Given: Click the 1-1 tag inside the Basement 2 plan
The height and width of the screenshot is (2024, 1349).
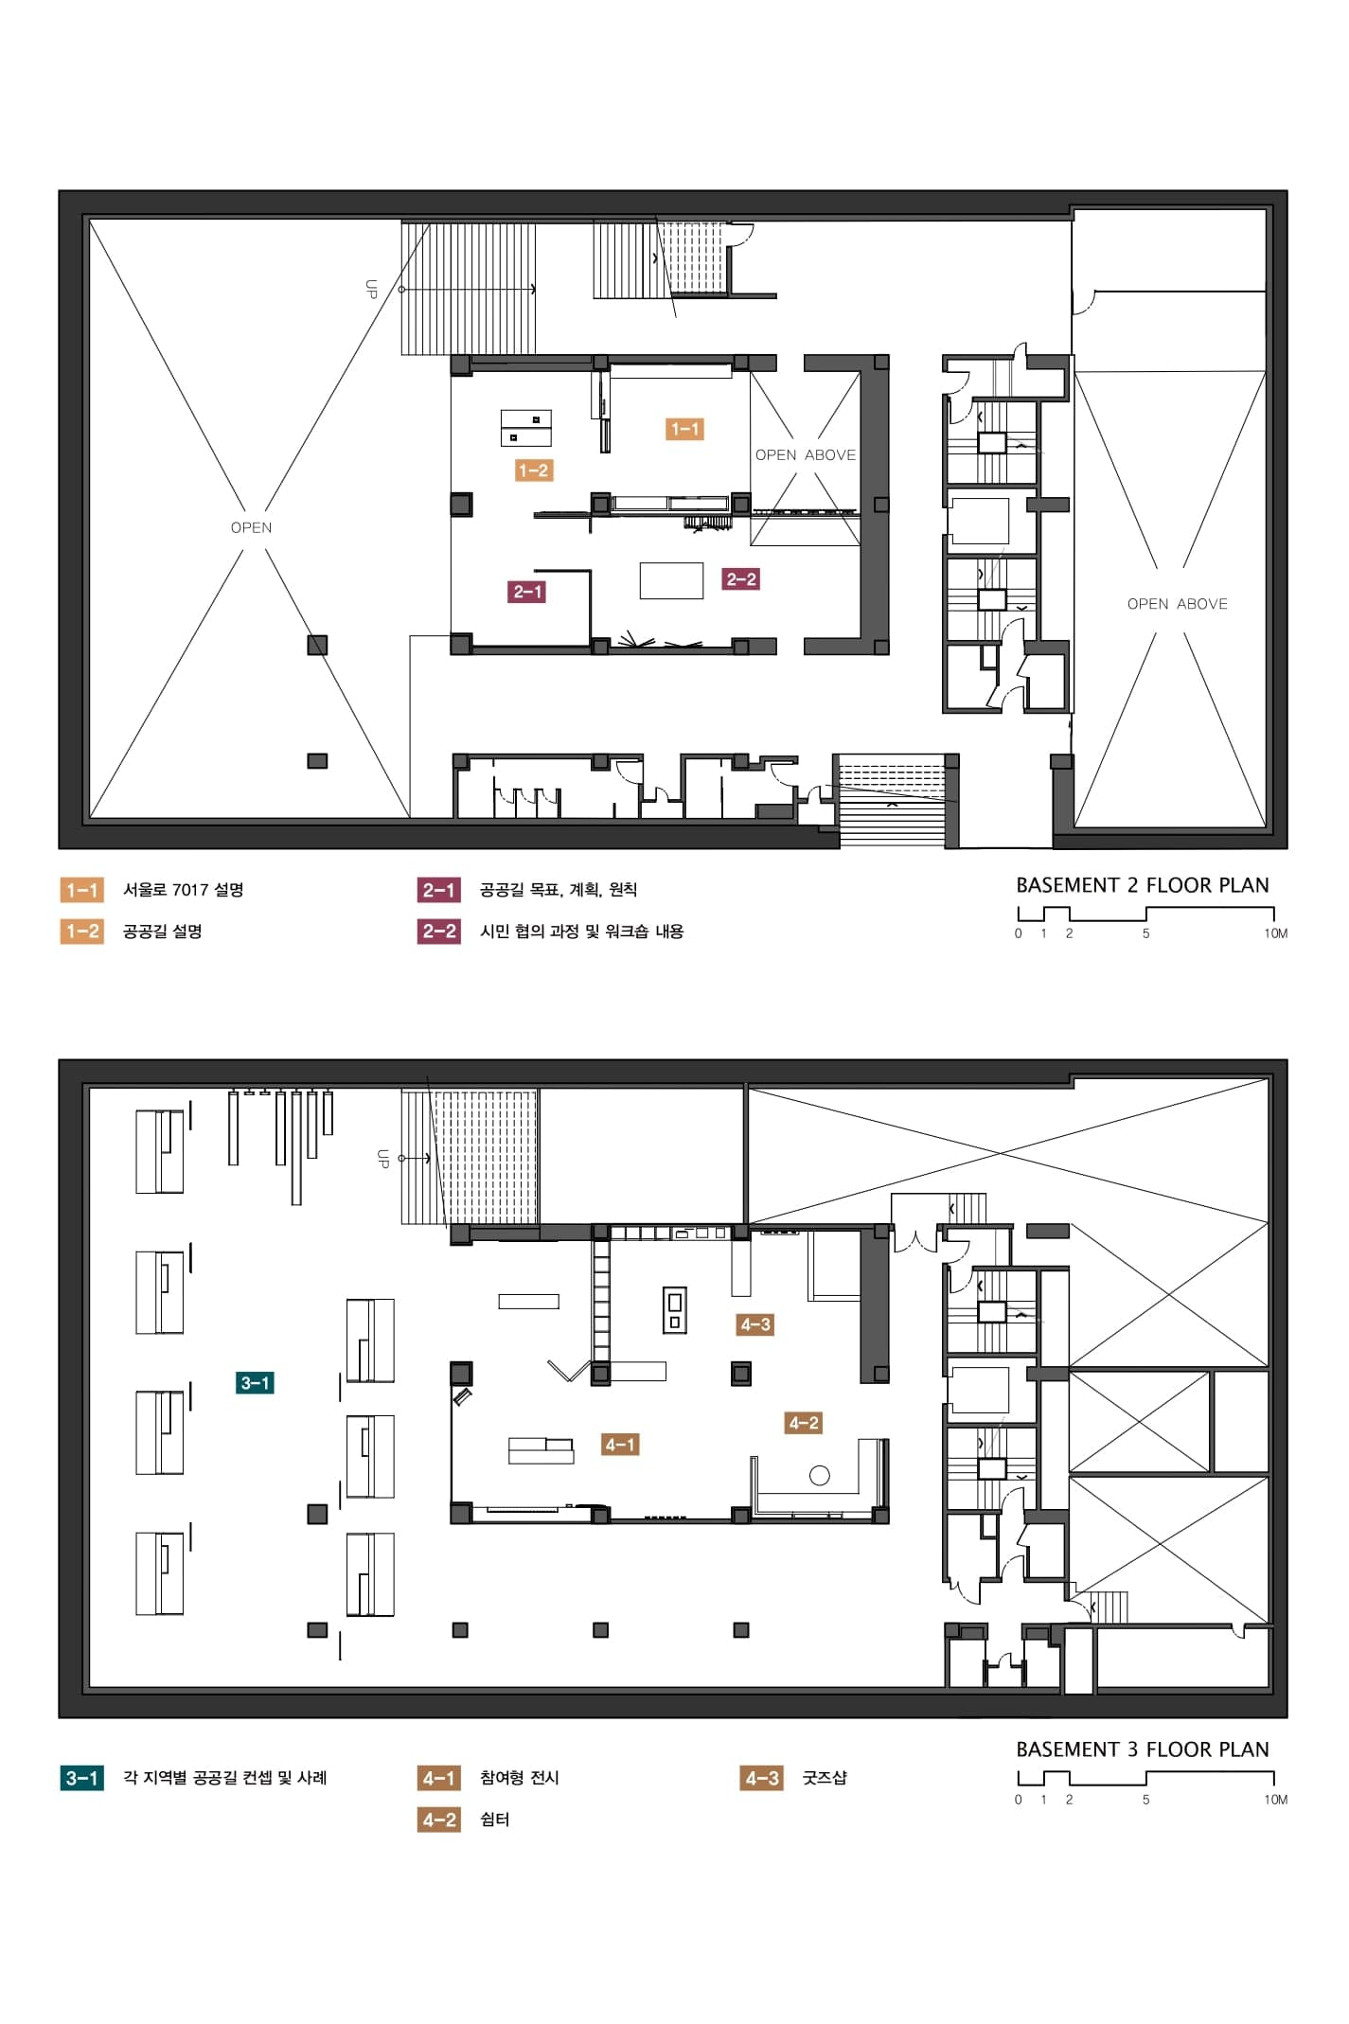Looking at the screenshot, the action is click(x=684, y=429).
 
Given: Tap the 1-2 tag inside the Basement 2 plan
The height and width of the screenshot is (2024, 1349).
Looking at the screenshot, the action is click(x=533, y=470).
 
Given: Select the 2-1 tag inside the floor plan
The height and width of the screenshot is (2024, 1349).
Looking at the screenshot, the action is click(x=526, y=592).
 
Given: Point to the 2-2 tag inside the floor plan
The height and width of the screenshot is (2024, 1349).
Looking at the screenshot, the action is click(x=740, y=578).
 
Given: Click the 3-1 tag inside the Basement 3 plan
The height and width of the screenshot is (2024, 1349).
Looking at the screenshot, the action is click(x=255, y=1383).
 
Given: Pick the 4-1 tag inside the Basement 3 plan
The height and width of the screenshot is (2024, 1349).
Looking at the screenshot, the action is click(x=620, y=1445).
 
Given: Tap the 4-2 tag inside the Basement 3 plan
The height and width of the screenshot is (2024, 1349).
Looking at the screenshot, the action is click(x=803, y=1423).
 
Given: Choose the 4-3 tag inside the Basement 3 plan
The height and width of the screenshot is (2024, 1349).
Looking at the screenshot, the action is click(x=755, y=1324).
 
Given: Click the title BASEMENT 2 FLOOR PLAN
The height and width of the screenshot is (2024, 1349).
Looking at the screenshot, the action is click(x=1142, y=885).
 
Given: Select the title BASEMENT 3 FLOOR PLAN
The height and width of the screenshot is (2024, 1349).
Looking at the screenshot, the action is click(x=1142, y=1749).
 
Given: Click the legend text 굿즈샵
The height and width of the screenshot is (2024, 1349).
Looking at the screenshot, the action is click(x=825, y=1778).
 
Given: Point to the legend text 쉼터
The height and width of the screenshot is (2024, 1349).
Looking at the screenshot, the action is click(x=494, y=1820).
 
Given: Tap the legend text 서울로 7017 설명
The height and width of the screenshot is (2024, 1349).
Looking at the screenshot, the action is click(x=183, y=890).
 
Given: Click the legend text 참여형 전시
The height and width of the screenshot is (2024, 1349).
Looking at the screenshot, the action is click(x=519, y=1778).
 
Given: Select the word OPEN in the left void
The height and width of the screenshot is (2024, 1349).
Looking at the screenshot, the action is click(x=251, y=527).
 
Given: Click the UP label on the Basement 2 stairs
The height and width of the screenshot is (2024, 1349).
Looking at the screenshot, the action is click(x=371, y=289).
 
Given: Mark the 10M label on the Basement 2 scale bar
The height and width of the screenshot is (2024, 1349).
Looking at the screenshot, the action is click(x=1275, y=933).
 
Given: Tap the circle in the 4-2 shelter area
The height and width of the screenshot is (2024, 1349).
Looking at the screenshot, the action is click(x=820, y=1475).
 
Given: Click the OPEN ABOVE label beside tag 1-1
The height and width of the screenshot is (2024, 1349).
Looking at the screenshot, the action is click(x=806, y=455).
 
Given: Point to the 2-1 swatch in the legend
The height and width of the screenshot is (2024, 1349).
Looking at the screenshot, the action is click(x=438, y=890).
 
